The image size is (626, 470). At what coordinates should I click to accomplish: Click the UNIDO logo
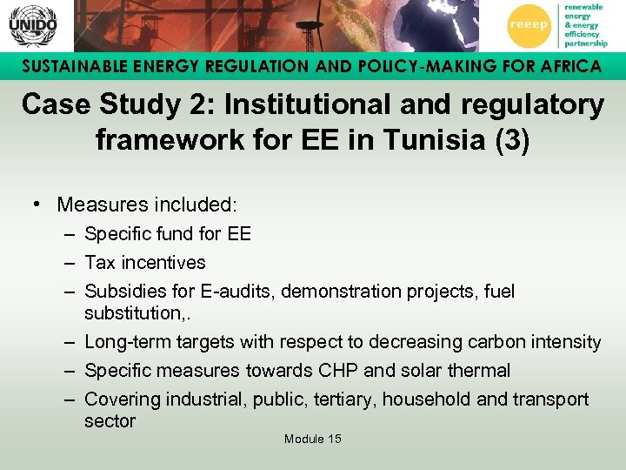(x=32, y=25)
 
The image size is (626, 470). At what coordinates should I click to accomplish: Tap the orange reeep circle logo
(x=528, y=24)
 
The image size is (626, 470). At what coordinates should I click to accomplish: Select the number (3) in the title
(x=511, y=140)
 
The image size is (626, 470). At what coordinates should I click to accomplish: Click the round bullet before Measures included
(x=39, y=205)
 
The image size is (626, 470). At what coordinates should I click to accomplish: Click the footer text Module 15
(x=312, y=439)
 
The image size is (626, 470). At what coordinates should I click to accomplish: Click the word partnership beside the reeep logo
(x=586, y=43)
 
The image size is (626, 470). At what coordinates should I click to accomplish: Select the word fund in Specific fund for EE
(x=180, y=233)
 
